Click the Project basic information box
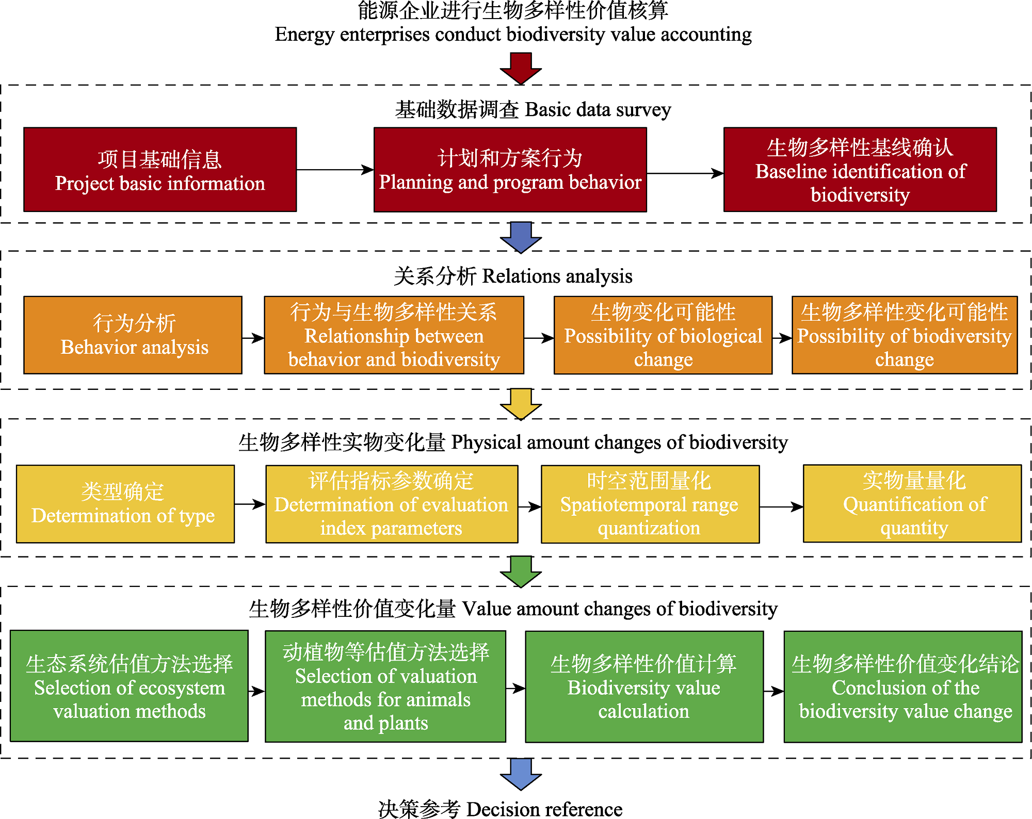[x=160, y=170]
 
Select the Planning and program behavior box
[x=510, y=170]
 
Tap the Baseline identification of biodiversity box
[x=860, y=170]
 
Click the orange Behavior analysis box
[x=133, y=335]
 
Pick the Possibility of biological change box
[x=663, y=335]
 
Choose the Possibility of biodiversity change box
[x=904, y=335]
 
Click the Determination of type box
[x=125, y=504]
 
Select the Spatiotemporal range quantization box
[x=650, y=504]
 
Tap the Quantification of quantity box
[x=912, y=503]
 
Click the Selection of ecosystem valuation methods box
[x=129, y=686]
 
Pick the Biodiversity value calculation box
[x=644, y=686]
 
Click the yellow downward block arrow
[x=521, y=404]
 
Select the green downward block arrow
[x=521, y=571]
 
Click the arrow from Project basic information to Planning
[x=335, y=170]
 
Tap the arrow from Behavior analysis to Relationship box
[x=253, y=338]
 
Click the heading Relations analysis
[x=513, y=276]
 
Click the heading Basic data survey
[x=533, y=110]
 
